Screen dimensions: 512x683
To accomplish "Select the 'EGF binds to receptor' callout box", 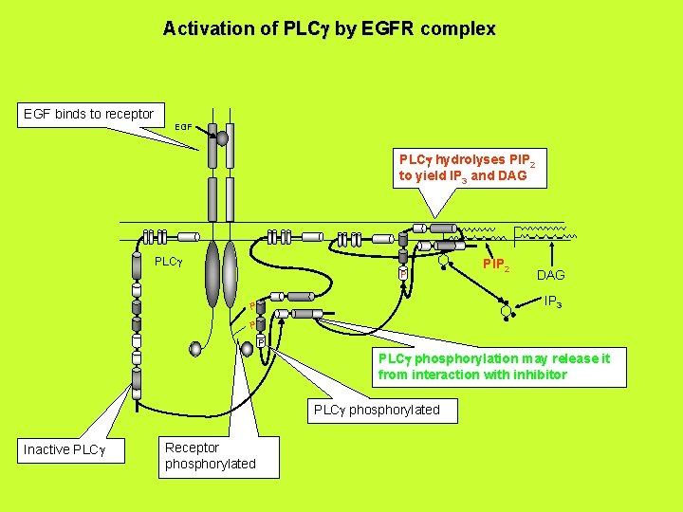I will [x=88, y=114].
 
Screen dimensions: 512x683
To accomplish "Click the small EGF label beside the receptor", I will [x=184, y=127].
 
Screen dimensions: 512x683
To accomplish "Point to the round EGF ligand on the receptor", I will [x=222, y=137].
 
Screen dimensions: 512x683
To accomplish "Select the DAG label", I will [x=550, y=275].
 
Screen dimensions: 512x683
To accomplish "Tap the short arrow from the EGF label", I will [x=201, y=130].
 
